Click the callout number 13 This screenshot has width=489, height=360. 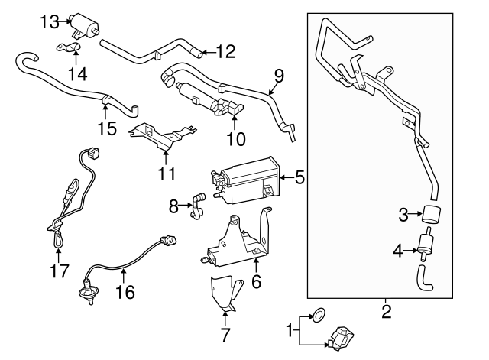[x=50, y=21]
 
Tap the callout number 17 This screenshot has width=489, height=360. [x=59, y=271]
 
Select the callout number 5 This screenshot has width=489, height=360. [x=300, y=178]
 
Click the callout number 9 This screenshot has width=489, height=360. [x=279, y=76]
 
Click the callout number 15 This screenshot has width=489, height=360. [x=108, y=128]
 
